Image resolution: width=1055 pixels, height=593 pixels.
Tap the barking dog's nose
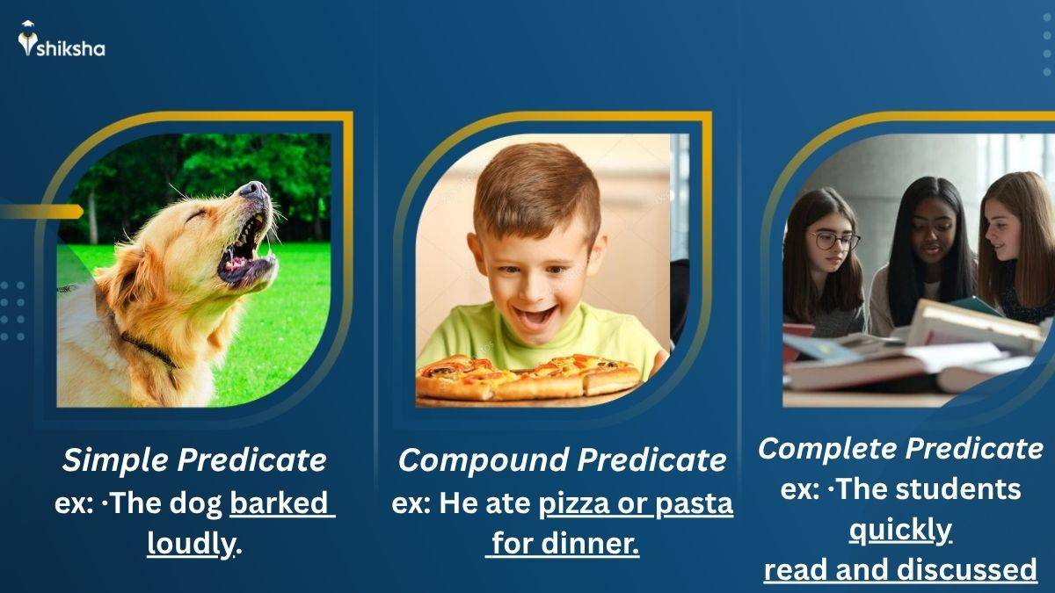tap(253, 189)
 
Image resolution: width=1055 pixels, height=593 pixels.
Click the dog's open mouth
tap(242, 250)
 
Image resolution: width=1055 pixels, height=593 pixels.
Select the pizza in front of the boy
tap(527, 375)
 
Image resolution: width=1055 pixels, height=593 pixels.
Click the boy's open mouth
tap(535, 315)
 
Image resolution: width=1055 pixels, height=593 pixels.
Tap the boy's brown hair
tap(536, 189)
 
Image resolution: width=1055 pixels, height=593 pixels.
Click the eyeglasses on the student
tap(834, 240)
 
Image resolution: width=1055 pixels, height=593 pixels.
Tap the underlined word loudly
tap(191, 544)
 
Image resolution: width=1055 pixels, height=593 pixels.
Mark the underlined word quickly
tap(900, 530)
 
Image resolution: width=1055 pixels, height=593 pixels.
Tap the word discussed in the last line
tap(967, 570)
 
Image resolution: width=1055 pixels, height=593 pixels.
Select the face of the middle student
tap(923, 234)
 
